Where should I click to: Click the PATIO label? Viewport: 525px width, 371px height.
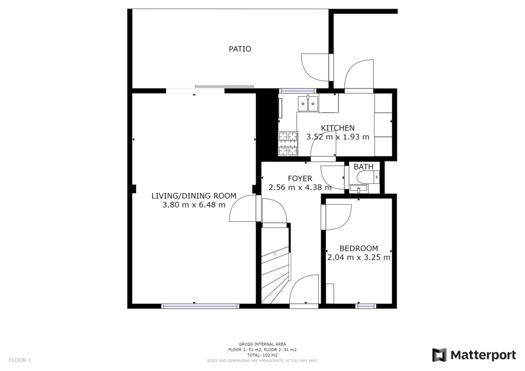(240, 49)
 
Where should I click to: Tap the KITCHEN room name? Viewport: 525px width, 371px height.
(337, 128)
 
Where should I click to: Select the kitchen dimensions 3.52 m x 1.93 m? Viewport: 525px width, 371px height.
(337, 137)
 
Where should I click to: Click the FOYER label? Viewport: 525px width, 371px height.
(300, 179)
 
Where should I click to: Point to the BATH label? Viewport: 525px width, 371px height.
(364, 167)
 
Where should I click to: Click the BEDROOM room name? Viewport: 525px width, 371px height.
(358, 249)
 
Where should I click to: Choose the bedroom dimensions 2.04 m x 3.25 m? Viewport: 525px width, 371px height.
(358, 258)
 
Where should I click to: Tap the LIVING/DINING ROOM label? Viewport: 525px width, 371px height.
(194, 196)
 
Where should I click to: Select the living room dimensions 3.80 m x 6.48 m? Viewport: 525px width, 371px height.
(194, 205)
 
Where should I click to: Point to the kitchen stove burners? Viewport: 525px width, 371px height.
(288, 143)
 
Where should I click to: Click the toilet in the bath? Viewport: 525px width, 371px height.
(368, 177)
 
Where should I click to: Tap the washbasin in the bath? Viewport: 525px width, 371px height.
(358, 190)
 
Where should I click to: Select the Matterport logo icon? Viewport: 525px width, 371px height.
(439, 355)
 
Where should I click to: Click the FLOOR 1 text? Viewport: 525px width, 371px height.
(20, 360)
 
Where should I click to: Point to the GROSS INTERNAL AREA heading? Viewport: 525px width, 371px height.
(262, 344)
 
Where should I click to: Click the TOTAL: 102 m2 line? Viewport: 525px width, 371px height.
(262, 355)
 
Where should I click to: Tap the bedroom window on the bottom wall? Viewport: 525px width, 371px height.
(365, 306)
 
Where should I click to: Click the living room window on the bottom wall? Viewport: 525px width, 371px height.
(200, 306)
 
